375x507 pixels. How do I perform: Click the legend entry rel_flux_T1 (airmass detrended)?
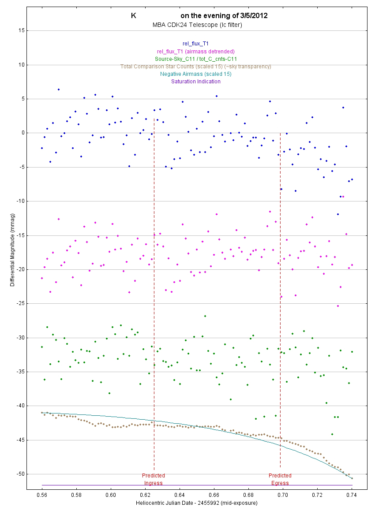coord(195,51)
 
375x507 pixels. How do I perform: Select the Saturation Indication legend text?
coord(195,81)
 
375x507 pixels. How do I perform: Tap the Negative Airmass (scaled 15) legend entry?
coord(195,74)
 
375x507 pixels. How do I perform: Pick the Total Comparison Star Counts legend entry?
coord(195,66)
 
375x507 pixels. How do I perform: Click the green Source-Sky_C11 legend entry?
coord(195,59)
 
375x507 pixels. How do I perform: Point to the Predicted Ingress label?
coord(154,479)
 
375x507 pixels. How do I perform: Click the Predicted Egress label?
coord(280,479)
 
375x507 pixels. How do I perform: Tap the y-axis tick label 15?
coord(20,30)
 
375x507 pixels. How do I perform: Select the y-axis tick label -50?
coord(19,474)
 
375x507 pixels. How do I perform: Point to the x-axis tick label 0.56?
coord(42,495)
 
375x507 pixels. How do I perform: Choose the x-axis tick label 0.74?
coord(352,495)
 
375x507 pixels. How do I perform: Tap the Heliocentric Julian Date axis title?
coord(197,503)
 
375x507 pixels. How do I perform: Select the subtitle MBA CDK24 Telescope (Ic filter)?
coord(197,25)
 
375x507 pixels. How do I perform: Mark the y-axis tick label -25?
coord(19,303)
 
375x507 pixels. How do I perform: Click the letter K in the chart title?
coord(133,15)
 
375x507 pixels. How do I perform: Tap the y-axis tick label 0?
coord(22,133)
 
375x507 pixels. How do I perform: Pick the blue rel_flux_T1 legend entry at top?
coord(195,44)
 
